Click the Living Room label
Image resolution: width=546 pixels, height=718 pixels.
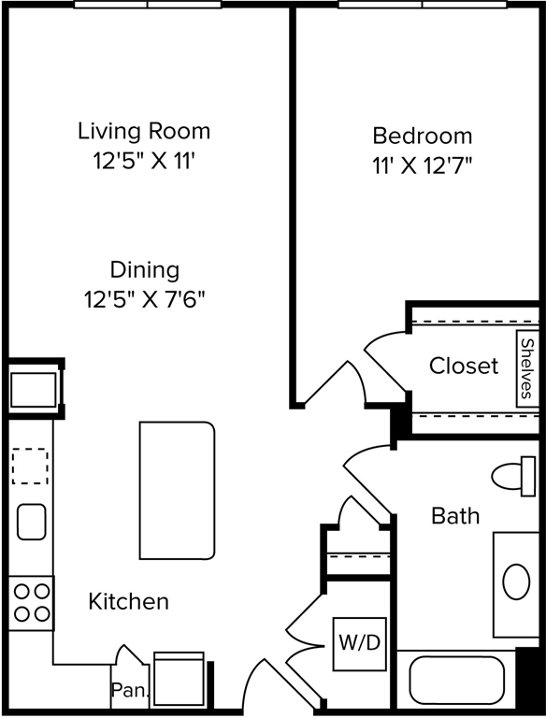coord(144,131)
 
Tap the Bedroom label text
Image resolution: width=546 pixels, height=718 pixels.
coord(422,135)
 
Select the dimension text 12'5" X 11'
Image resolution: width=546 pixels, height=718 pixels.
coord(144,162)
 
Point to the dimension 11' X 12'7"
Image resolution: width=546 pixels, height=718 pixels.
coord(422,165)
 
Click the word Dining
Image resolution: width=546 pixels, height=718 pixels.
coord(144,270)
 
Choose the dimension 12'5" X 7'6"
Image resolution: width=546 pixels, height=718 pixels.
coord(144,300)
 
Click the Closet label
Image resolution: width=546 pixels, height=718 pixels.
coord(464,366)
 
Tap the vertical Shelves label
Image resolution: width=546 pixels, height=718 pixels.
coord(527,367)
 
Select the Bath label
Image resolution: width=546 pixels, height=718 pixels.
coord(455,515)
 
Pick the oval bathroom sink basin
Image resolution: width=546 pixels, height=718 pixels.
coord(517,582)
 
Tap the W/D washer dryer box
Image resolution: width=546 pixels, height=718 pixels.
coord(359,643)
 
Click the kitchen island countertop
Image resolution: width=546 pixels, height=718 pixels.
coord(177,490)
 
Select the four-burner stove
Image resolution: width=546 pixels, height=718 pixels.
coord(31,603)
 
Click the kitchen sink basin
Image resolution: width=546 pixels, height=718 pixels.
coord(31,522)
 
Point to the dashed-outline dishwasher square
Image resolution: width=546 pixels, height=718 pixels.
coord(30,467)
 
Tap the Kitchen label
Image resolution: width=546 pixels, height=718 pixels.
coord(129,601)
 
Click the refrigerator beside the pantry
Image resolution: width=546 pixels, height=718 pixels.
coord(179,681)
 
